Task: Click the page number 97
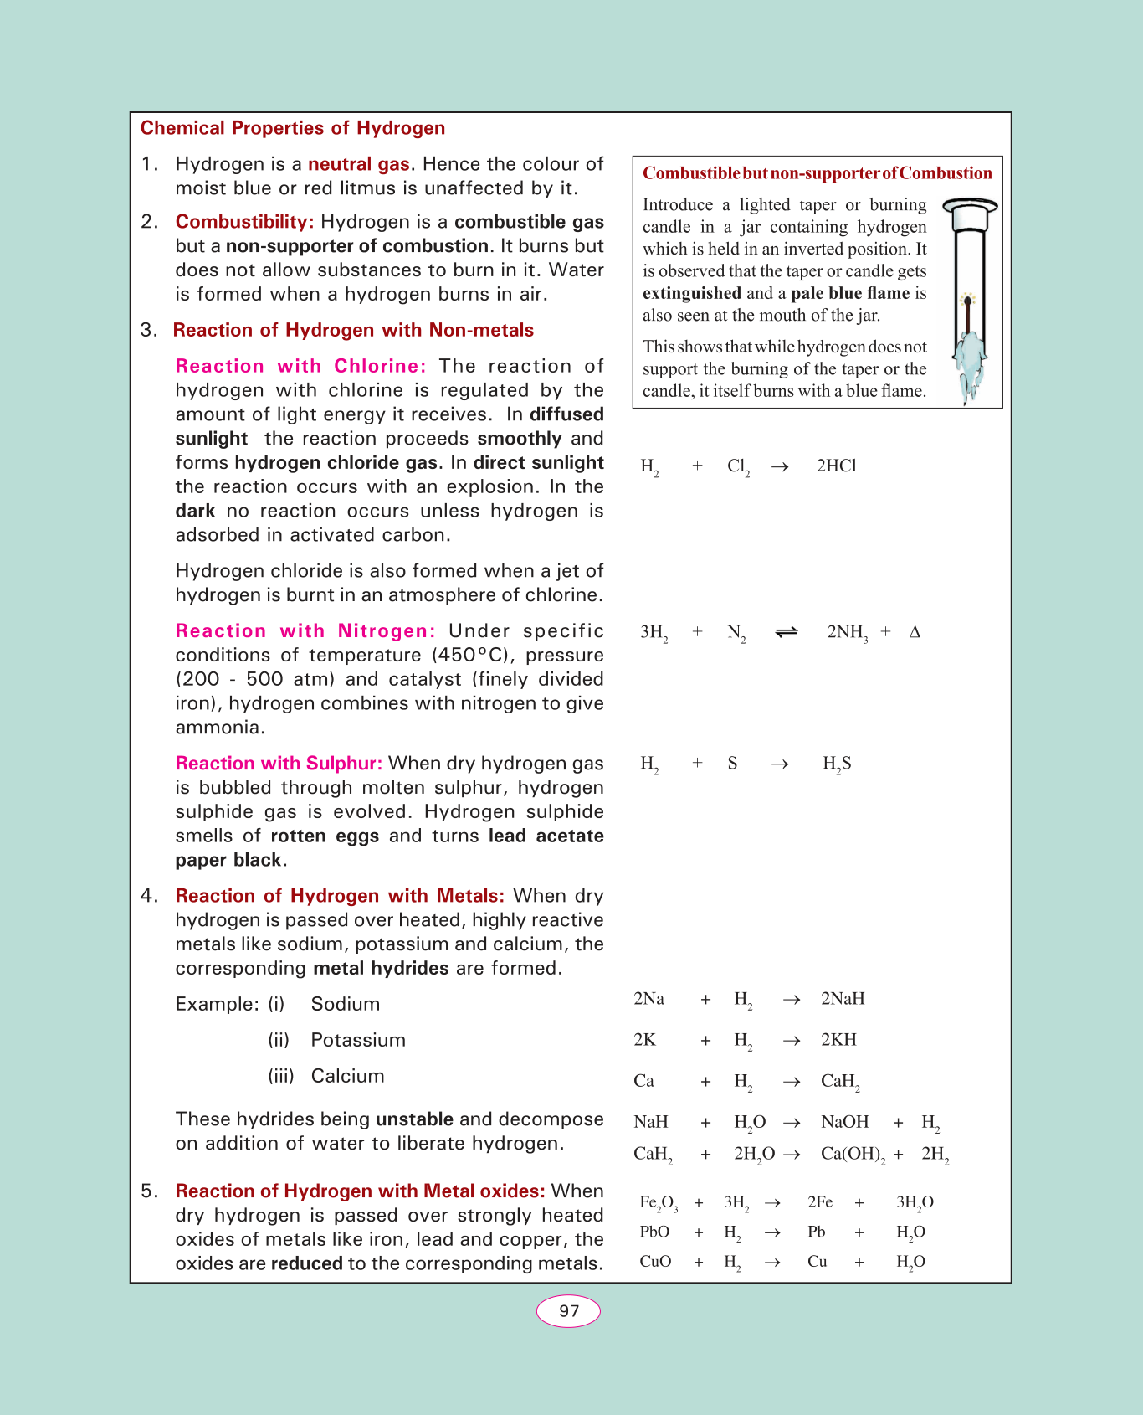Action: (568, 1311)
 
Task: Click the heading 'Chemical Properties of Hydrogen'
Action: (292, 128)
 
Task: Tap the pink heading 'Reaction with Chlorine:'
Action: (300, 366)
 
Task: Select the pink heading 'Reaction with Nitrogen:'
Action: (305, 631)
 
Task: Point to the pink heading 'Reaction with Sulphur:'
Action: (279, 764)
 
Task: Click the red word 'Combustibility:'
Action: (244, 222)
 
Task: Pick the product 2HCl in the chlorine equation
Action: (836, 466)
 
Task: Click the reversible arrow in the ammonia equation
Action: (787, 632)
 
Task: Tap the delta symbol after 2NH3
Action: (915, 632)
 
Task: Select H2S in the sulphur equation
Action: (837, 764)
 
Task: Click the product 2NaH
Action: (843, 999)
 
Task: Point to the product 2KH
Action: (838, 1040)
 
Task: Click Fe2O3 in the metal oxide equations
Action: (659, 1203)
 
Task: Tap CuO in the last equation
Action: (655, 1262)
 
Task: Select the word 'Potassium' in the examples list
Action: (358, 1040)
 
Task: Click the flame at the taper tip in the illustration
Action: (969, 298)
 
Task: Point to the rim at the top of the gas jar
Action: (970, 205)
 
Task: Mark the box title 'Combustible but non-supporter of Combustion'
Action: (817, 173)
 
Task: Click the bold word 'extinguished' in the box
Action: (691, 293)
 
